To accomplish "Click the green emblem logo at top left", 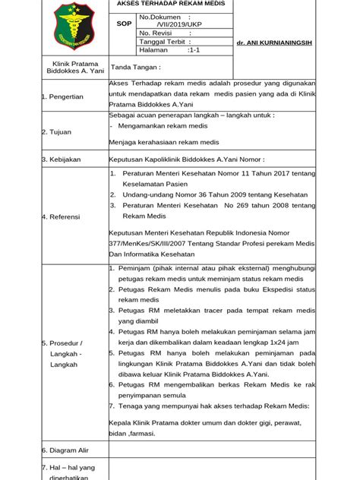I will point(72,24).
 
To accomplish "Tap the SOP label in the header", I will point(123,24).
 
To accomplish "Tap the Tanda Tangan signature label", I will point(136,67).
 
